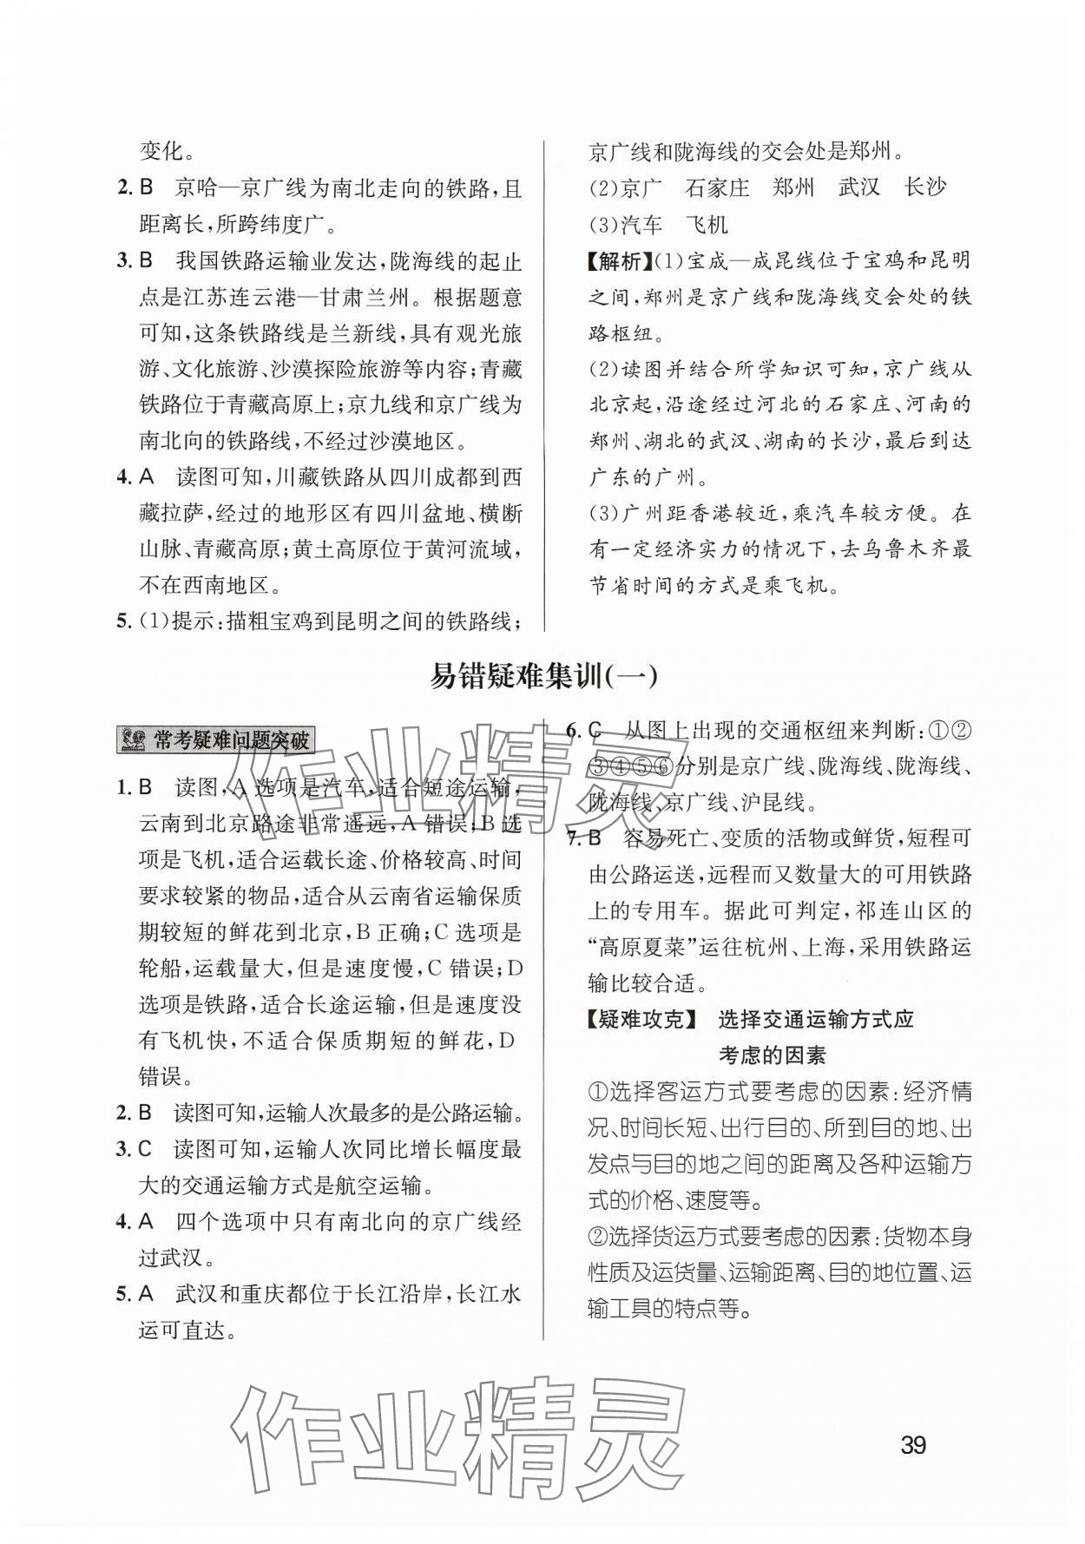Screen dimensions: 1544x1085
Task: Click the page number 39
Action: point(913,1445)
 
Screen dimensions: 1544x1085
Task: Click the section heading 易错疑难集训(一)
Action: point(543,677)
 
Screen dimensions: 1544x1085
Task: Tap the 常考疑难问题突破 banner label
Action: point(231,740)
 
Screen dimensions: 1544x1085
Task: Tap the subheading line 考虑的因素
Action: point(773,1055)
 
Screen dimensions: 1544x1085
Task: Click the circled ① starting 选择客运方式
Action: point(597,1092)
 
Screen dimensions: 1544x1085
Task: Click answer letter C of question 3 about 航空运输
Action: point(146,1149)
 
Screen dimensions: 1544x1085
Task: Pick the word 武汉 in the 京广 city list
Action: point(860,187)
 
